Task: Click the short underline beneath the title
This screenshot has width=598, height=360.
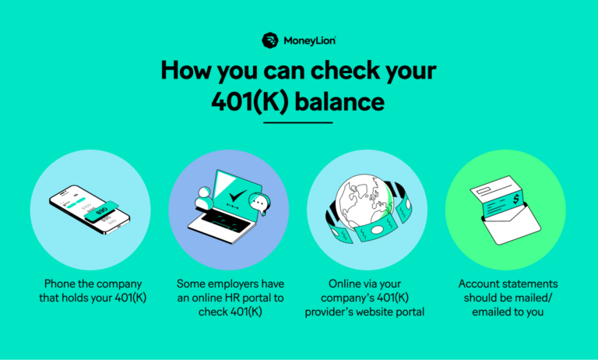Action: (298, 122)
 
